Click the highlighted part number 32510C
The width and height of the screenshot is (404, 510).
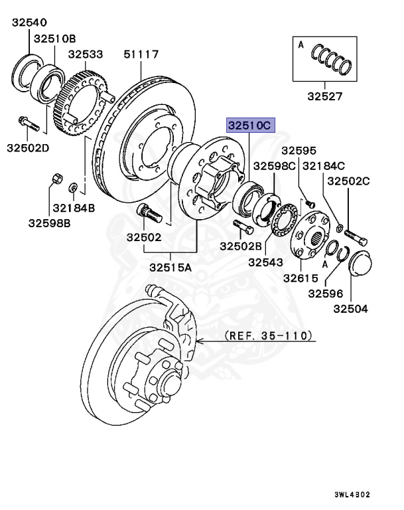tap(250, 124)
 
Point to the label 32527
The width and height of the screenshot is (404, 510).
tap(324, 96)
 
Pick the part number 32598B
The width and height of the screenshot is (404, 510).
tap(50, 222)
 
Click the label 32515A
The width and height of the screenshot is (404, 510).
tap(170, 268)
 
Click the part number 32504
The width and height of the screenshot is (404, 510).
tap(350, 309)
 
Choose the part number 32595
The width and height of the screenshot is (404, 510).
tap(299, 151)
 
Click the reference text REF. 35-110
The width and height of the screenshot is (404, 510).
tap(268, 336)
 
